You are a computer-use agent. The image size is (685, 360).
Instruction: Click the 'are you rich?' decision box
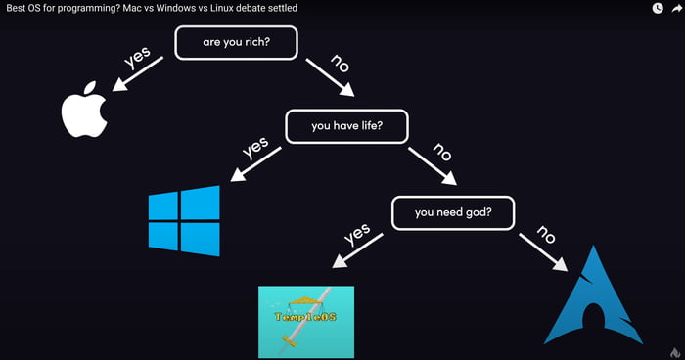235,43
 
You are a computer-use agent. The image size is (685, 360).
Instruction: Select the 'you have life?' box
345,126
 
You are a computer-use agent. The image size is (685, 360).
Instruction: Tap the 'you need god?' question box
452,212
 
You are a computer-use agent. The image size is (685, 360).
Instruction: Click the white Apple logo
83,113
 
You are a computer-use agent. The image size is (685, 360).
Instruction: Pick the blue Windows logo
183,220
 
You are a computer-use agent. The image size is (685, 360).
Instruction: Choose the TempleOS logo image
305,322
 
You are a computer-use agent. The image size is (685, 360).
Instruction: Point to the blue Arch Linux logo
593,298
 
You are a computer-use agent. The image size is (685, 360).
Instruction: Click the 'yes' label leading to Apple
140,59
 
